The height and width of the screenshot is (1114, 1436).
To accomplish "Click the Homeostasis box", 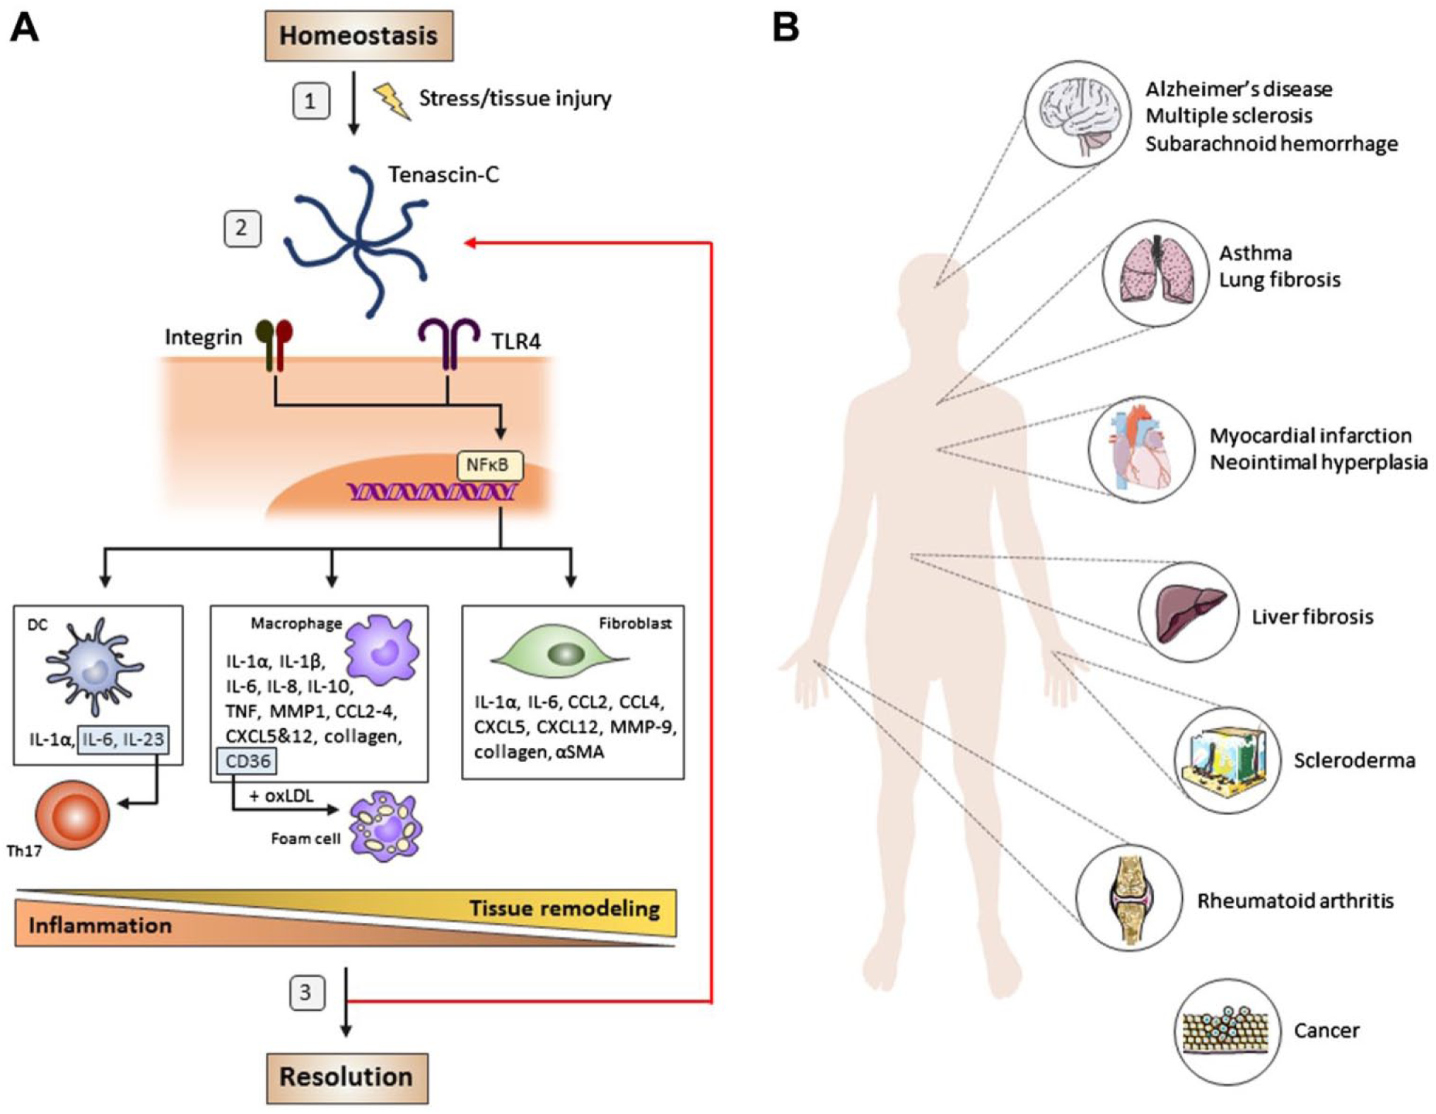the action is [x=358, y=35].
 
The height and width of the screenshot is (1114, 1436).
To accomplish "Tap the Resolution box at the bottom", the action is [x=347, y=1077].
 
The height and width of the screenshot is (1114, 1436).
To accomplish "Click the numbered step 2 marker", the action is [x=243, y=228].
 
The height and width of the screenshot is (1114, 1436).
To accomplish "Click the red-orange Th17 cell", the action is [x=73, y=815].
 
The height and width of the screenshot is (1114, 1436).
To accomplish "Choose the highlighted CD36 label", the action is [x=247, y=761].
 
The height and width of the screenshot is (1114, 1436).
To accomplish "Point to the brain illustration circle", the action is [x=1077, y=114].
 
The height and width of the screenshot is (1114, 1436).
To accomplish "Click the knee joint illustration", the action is [x=1130, y=898].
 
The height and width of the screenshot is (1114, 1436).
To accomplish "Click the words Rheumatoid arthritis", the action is [x=1295, y=901].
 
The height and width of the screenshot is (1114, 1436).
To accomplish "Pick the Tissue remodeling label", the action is [x=564, y=908].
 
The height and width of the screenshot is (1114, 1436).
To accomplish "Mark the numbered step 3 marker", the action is [x=308, y=992].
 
